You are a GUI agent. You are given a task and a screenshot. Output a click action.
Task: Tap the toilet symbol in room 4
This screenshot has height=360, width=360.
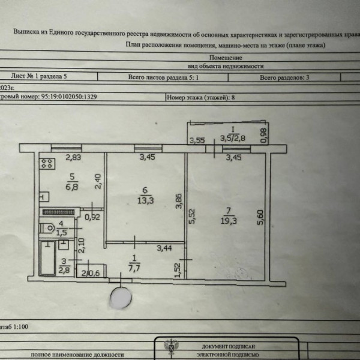(47, 227)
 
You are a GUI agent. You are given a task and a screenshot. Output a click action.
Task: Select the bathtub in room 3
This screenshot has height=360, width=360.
(47, 258)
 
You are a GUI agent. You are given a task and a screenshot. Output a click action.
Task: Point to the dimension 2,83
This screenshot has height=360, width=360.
(73, 158)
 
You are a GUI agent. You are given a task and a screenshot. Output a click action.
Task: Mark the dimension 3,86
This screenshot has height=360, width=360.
(178, 200)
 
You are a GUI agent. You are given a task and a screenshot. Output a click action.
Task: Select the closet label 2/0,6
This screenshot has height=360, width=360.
(91, 275)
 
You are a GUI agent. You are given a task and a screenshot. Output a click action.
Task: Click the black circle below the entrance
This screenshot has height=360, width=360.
(121, 296)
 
